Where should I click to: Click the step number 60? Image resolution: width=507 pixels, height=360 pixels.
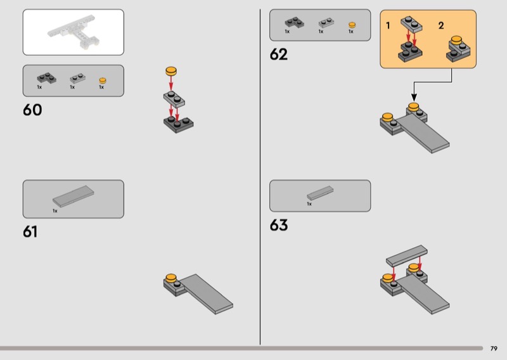click(x=32, y=110)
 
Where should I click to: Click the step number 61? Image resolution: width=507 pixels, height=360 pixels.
click(x=30, y=231)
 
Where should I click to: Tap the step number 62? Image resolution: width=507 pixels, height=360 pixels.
click(x=278, y=55)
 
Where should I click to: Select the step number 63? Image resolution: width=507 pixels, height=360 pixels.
click(x=278, y=225)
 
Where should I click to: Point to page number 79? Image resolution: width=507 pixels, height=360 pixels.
click(x=494, y=349)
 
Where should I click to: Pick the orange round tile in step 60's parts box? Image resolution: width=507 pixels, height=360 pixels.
click(x=103, y=80)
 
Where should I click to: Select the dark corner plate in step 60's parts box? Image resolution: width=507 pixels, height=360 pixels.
click(x=46, y=79)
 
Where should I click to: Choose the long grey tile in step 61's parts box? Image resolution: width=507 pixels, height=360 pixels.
click(x=74, y=196)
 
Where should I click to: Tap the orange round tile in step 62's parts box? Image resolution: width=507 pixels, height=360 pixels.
click(x=352, y=25)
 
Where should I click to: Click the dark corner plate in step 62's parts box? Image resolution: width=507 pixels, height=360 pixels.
click(x=294, y=23)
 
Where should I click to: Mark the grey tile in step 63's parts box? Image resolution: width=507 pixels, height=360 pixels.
click(x=320, y=193)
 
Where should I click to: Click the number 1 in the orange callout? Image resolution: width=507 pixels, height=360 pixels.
click(x=388, y=25)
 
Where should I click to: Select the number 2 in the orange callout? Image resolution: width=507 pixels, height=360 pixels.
click(x=441, y=25)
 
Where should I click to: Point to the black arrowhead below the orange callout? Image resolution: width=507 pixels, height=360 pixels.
click(x=414, y=98)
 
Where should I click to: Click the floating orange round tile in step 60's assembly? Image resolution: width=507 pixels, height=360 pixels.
click(x=171, y=71)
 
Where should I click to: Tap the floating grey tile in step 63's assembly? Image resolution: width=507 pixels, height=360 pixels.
click(x=407, y=254)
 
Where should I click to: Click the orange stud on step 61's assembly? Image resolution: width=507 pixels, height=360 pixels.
click(x=171, y=278)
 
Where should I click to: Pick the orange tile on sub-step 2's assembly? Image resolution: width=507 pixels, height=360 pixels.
click(x=456, y=40)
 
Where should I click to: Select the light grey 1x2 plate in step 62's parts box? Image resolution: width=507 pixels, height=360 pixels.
click(x=326, y=23)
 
